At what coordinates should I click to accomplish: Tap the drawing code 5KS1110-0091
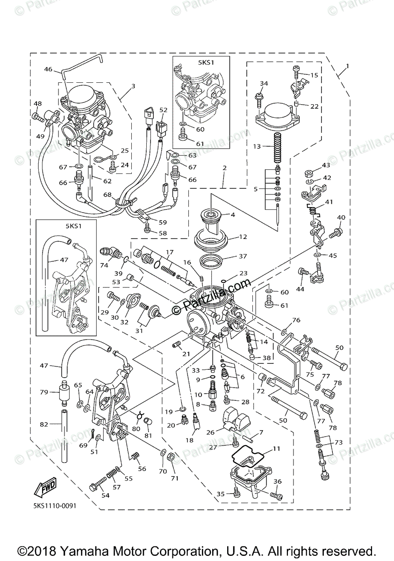[55, 505]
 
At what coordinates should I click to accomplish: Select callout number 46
[48, 69]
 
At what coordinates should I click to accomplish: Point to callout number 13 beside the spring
[257, 146]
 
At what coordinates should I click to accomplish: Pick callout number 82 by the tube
[44, 424]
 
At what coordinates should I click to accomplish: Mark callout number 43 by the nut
[325, 165]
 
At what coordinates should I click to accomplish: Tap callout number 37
[243, 256]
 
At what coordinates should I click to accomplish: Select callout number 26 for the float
[211, 432]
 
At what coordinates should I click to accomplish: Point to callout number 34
[264, 84]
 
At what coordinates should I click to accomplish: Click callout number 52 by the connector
[163, 110]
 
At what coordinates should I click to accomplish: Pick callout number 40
[341, 217]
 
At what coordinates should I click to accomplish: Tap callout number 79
[43, 392]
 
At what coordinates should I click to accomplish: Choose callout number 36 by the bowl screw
[277, 482]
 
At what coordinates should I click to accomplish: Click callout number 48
[37, 103]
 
